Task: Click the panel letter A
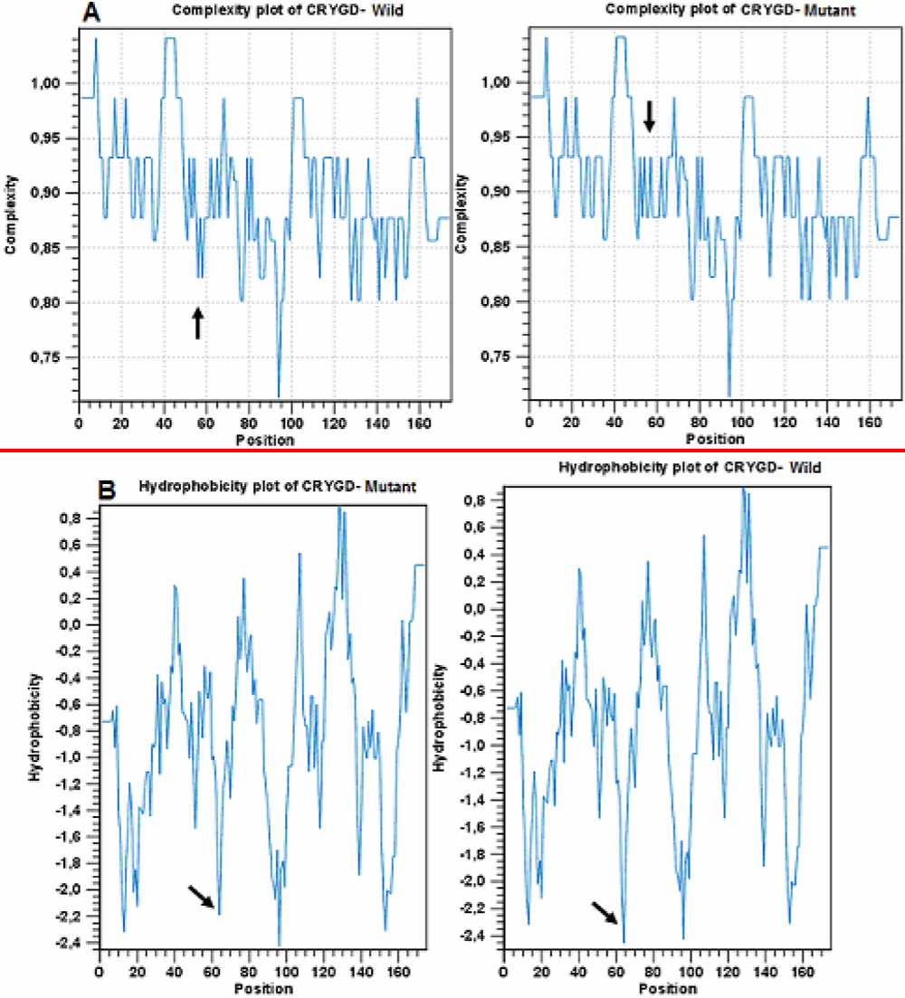coord(91,12)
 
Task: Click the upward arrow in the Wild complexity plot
coord(197,323)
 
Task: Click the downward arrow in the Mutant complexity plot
coord(649,116)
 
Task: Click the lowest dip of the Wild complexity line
coord(279,394)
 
